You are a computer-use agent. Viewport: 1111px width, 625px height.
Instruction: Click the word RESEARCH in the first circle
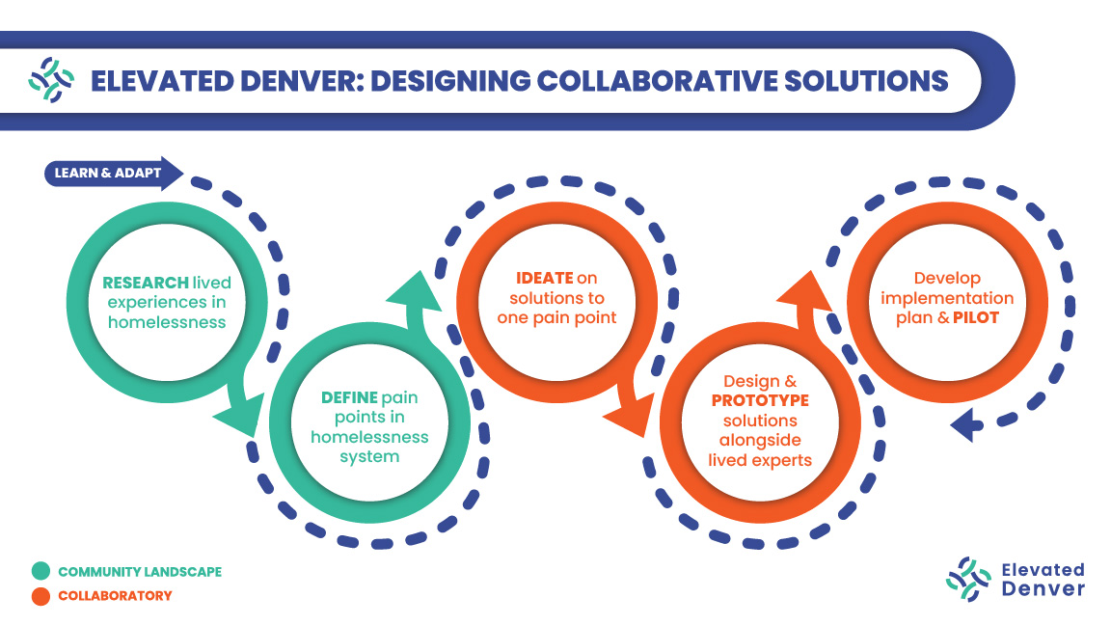tap(146, 283)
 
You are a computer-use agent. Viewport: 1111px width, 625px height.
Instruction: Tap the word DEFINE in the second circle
tap(350, 397)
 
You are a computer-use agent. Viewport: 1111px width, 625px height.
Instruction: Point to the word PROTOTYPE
tap(760, 400)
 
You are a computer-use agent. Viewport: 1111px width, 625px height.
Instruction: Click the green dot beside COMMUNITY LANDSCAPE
tap(41, 572)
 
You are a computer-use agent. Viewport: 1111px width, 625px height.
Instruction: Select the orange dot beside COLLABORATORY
tap(41, 596)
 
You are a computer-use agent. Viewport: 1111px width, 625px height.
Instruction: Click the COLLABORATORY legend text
tap(115, 596)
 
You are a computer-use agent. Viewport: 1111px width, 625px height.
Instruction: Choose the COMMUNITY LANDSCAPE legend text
tap(140, 572)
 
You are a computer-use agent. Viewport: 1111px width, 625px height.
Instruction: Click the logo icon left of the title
tap(51, 80)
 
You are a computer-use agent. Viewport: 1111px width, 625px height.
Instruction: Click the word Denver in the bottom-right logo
tap(1043, 589)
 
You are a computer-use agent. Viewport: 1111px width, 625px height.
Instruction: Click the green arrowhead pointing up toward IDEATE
tap(415, 290)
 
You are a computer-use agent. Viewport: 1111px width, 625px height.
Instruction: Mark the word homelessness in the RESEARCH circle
tap(167, 321)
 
